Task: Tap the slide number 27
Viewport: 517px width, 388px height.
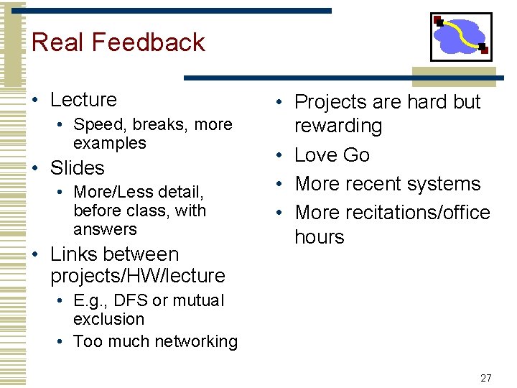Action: pyautogui.click(x=485, y=378)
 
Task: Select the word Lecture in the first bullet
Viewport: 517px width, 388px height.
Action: pyautogui.click(x=83, y=100)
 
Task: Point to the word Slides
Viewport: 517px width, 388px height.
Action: pyautogui.click(x=77, y=168)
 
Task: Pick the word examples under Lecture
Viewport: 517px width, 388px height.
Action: pyautogui.click(x=109, y=143)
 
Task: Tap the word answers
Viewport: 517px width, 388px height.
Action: pyautogui.click(x=105, y=230)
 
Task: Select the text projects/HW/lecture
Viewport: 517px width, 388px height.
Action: pyautogui.click(x=138, y=276)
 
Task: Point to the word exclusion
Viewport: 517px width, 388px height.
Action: pyautogui.click(x=108, y=319)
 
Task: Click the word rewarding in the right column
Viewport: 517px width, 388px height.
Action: pyautogui.click(x=338, y=126)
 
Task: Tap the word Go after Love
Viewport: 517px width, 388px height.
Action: pyautogui.click(x=357, y=155)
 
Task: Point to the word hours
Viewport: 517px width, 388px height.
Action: pyautogui.click(x=320, y=237)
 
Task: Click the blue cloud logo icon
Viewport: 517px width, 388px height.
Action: pyautogui.click(x=461, y=36)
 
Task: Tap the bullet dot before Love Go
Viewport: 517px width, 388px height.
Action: pyautogui.click(x=282, y=155)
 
